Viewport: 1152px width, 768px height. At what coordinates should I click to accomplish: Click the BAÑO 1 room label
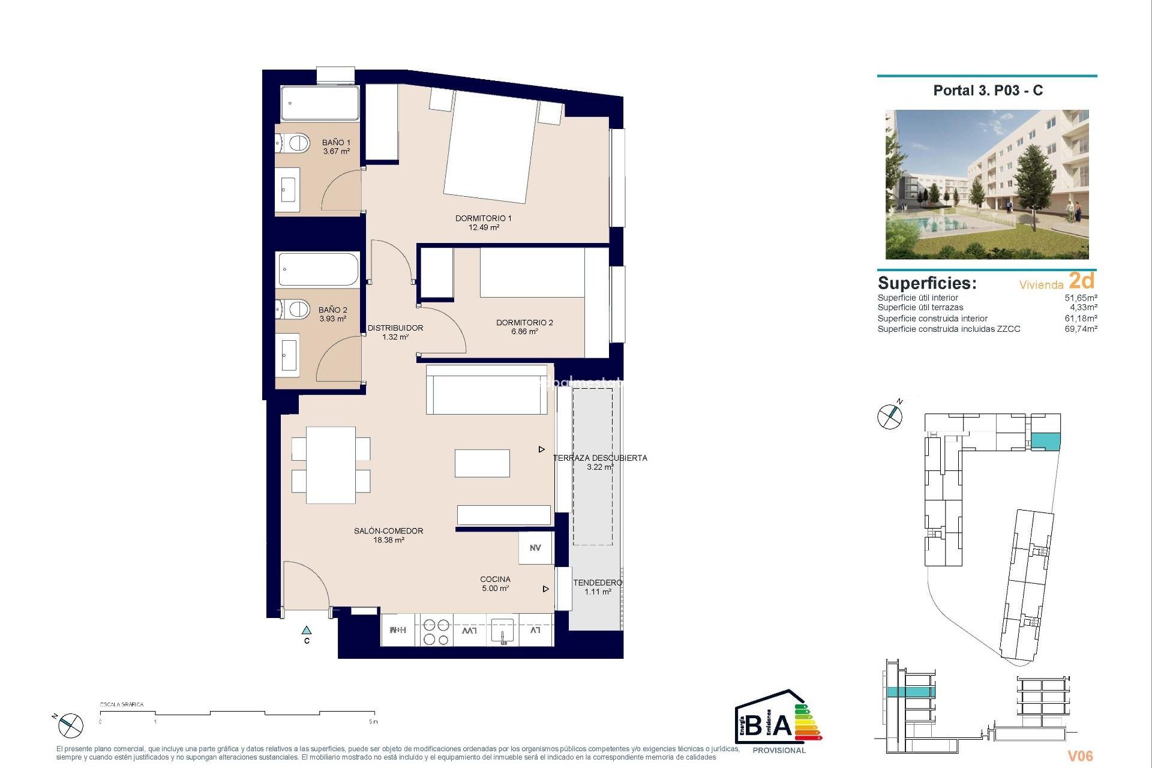(336, 147)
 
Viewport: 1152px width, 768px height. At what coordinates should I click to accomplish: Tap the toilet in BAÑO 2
(293, 310)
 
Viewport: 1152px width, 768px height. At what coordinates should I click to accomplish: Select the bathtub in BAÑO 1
(320, 103)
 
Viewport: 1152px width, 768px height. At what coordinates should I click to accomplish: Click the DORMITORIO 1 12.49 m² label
(484, 223)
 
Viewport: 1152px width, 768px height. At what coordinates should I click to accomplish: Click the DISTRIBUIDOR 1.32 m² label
(395, 332)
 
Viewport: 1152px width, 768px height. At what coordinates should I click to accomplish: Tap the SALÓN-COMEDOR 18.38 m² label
(388, 535)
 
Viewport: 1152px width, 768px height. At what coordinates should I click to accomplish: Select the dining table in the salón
(331, 465)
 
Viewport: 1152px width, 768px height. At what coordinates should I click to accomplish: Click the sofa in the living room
(487, 389)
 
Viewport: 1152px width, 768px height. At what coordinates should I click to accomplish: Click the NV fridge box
(535, 548)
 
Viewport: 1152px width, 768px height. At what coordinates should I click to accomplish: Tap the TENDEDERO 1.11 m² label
(598, 587)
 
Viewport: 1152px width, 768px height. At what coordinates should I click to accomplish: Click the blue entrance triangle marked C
(307, 631)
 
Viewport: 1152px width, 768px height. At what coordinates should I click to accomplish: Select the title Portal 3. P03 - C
(988, 91)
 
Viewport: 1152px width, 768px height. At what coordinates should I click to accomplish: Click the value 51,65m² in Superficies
(1081, 298)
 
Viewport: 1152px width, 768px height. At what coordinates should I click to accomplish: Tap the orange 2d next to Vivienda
(1082, 281)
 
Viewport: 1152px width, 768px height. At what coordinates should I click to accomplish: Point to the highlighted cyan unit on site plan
(1045, 441)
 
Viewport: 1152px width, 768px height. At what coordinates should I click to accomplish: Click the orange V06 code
(1079, 756)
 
